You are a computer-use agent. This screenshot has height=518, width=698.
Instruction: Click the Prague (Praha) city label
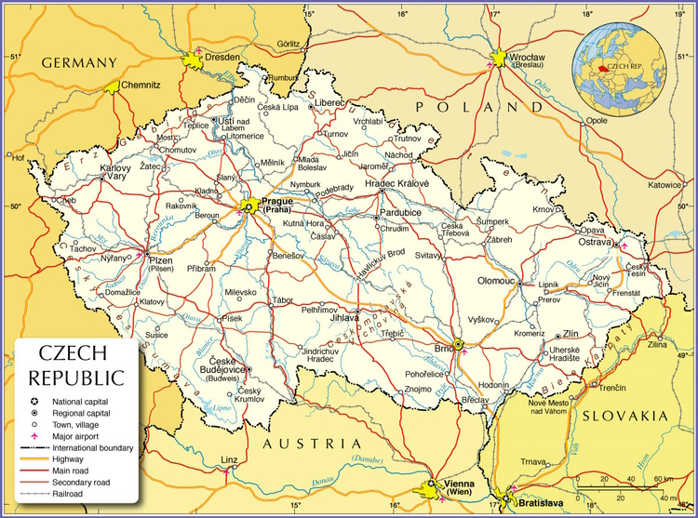pos(277,206)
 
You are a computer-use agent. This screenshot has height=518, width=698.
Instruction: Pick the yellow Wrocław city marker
pos(501,58)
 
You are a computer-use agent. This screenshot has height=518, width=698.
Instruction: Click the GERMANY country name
pos(78,63)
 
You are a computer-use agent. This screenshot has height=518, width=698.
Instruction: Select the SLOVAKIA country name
pos(624,415)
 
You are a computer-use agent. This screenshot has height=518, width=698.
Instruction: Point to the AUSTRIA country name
pos(310,445)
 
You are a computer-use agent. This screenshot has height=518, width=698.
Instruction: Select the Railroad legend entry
pos(68,494)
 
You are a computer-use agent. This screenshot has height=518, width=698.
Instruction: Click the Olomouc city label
pos(496,280)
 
